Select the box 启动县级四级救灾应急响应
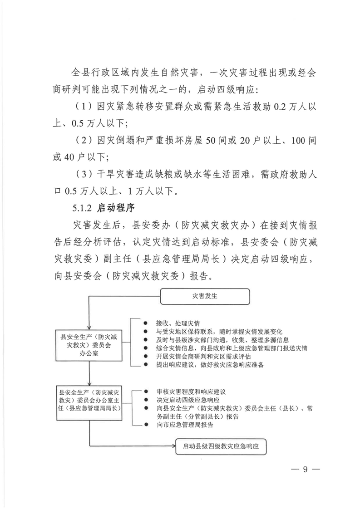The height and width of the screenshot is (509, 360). (x=221, y=446)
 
